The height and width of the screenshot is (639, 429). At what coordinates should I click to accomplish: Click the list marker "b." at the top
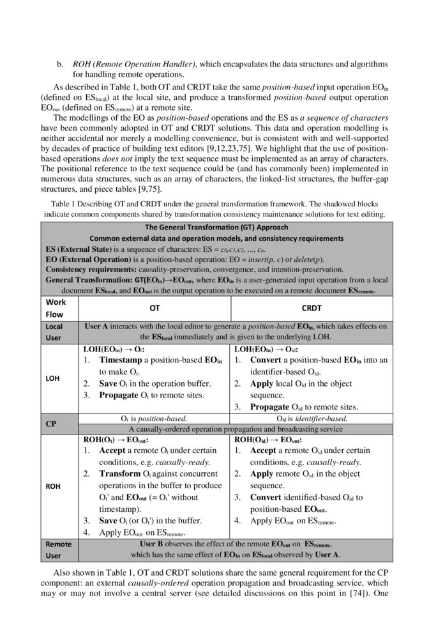(x=61, y=65)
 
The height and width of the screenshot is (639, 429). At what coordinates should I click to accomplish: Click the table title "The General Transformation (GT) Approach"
(x=216, y=227)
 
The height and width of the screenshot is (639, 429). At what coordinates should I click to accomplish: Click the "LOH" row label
(x=53, y=378)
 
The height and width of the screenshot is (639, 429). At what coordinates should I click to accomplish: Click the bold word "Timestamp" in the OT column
(x=119, y=360)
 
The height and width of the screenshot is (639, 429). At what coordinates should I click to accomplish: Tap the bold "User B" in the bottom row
(x=154, y=544)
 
